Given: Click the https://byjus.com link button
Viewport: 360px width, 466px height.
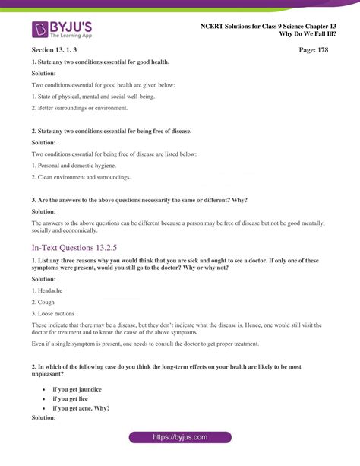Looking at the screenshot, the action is coord(179,439).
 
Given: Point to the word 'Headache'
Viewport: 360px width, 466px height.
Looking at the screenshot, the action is coord(47,290).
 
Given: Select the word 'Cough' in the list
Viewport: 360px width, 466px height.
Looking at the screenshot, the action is coord(44,302).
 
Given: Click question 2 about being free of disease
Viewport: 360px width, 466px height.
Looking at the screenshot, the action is coord(111,131).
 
